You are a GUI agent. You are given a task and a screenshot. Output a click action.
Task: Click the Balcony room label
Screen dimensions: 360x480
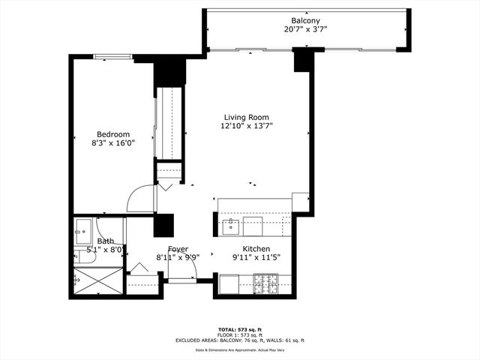306,20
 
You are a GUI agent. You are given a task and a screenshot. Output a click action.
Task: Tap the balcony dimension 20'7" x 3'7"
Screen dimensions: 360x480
306,30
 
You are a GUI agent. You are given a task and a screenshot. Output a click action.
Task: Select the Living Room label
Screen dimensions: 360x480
246,117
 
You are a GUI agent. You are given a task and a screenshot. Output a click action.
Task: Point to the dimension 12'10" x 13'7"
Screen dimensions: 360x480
246,127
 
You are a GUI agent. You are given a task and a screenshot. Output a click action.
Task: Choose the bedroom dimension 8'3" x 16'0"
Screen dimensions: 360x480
113,144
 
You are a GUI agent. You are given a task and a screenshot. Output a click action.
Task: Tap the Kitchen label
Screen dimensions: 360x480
256,249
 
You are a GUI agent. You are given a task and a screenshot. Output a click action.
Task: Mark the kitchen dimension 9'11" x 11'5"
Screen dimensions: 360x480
256,259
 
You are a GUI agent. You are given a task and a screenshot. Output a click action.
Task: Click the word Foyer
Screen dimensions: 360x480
178,249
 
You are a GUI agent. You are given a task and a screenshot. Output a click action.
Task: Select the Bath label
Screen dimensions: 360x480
105,241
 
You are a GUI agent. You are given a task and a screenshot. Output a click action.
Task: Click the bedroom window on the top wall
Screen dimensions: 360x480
118,56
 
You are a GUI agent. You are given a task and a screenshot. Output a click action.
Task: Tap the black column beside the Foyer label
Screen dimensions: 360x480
163,225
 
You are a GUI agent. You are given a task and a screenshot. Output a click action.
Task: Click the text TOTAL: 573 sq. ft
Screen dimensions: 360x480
240,329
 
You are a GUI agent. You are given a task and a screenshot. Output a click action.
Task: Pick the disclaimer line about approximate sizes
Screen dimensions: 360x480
240,349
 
